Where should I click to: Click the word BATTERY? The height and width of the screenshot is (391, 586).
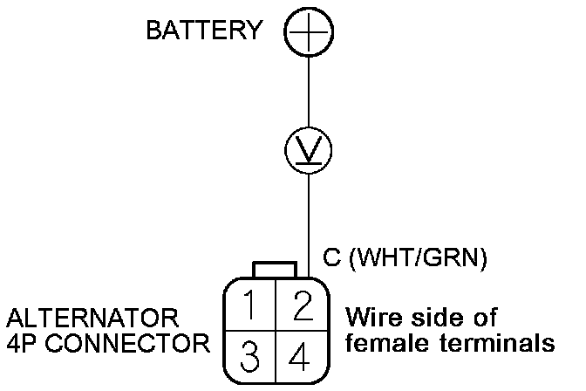tap(204, 30)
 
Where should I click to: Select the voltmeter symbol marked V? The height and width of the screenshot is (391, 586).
tap(309, 150)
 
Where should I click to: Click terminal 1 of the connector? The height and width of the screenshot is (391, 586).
tap(249, 305)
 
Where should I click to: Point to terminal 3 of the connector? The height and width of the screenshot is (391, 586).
tap(249, 356)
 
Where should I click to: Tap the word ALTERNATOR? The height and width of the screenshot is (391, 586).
tap(92, 318)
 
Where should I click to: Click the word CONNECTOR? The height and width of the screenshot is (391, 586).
tap(128, 343)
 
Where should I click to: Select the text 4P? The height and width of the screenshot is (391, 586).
tap(22, 343)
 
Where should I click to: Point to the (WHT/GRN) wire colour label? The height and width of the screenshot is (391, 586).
tap(419, 257)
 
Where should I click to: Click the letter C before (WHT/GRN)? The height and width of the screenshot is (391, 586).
tap(332, 257)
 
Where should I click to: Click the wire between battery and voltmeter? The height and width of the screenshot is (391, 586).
tap(309, 92)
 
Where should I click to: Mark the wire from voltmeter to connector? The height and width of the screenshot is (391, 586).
tap(309, 226)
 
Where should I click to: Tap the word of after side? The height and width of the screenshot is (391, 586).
tap(485, 318)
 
